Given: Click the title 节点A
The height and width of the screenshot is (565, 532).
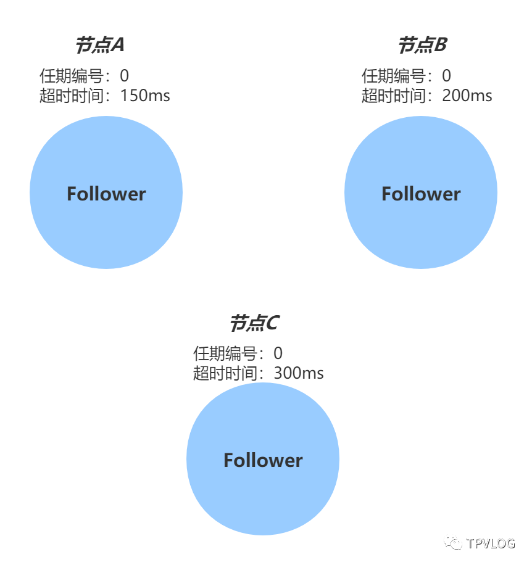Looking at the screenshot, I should [x=100, y=45].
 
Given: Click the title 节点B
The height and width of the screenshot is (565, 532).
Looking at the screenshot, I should [x=422, y=45].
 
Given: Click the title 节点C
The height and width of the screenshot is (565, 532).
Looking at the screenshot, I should [x=254, y=323].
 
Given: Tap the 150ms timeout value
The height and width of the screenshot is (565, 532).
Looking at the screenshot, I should [x=145, y=96].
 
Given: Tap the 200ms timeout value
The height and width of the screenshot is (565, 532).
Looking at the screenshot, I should [x=467, y=96].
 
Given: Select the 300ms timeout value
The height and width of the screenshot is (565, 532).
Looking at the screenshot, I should [x=299, y=373].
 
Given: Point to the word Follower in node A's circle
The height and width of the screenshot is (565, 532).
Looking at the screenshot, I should [x=106, y=194].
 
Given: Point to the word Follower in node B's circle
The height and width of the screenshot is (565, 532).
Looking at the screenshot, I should [x=421, y=194].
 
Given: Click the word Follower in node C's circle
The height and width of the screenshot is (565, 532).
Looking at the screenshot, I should [x=263, y=460].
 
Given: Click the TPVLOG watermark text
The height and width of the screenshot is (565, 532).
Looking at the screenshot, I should [x=491, y=543].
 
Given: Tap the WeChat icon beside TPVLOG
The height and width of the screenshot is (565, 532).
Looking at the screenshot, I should [x=453, y=542].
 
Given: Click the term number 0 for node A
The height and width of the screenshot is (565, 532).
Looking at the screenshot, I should [x=125, y=76].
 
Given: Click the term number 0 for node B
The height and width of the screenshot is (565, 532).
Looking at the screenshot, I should [x=446, y=76].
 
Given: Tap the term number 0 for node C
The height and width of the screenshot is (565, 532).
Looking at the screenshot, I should [x=278, y=353].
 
